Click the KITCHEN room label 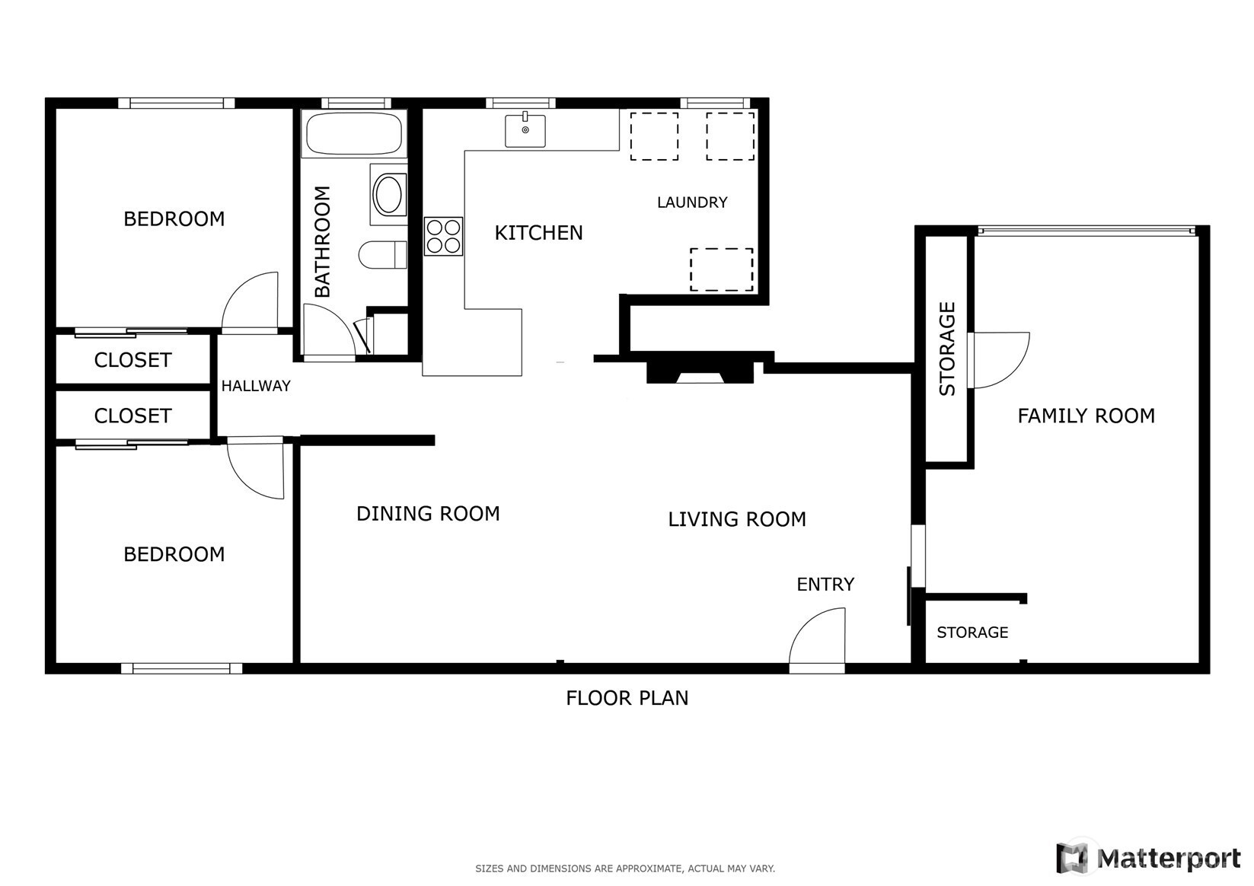pyautogui.click(x=538, y=233)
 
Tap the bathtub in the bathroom pyautogui.click(x=354, y=133)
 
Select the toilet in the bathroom pyautogui.click(x=383, y=255)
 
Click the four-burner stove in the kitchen pyautogui.click(x=443, y=236)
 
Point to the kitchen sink pyautogui.click(x=525, y=131)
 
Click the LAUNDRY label pyautogui.click(x=692, y=202)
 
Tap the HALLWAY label pyautogui.click(x=256, y=386)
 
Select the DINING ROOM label pyautogui.click(x=428, y=514)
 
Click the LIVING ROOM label pyautogui.click(x=737, y=519)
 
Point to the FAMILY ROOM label pyautogui.click(x=1086, y=416)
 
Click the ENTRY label pyautogui.click(x=825, y=585)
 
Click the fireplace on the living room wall pyautogui.click(x=700, y=373)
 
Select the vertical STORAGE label pyautogui.click(x=946, y=349)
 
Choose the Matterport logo pyautogui.click(x=1148, y=858)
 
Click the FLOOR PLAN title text pyautogui.click(x=627, y=698)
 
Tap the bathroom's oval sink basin pyautogui.click(x=388, y=194)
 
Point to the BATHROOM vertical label pyautogui.click(x=323, y=242)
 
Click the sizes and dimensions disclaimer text pyautogui.click(x=625, y=868)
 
